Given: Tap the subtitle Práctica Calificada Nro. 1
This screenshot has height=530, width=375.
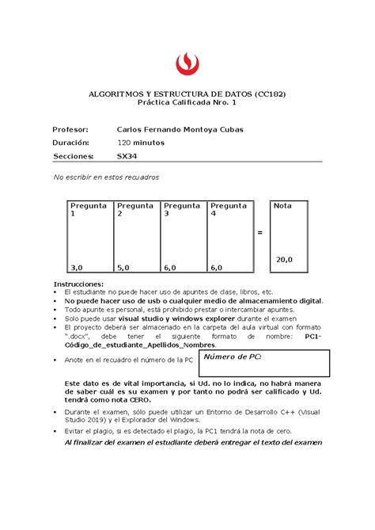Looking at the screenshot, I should tap(187, 103).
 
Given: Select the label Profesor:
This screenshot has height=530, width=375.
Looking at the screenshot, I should tap(70, 128).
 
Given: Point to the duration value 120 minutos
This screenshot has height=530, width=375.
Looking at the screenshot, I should tap(140, 143).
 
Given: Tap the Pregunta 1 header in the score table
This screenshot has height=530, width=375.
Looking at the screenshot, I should tap(88, 209).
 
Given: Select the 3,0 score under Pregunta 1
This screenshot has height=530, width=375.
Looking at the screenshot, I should tap(76, 268).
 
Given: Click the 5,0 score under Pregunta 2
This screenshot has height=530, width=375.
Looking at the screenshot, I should tap(123, 268).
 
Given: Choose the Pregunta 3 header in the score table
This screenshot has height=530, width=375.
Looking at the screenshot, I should tap(182, 209).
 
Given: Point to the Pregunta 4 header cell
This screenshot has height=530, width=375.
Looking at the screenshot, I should tap(229, 209).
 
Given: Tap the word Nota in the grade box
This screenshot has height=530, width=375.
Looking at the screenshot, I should tap(282, 205).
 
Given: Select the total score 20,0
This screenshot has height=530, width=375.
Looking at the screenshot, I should tap(284, 259).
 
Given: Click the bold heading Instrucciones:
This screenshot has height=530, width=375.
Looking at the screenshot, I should tap(78, 283).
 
